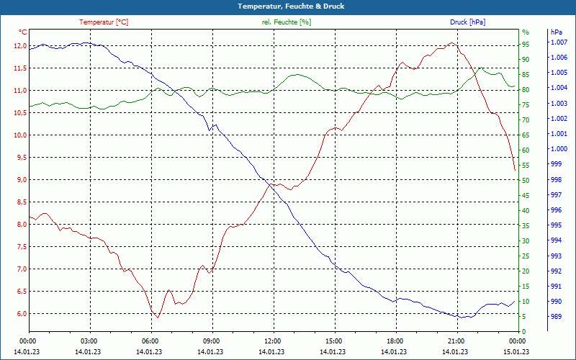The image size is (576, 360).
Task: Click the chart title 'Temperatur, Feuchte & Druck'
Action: [x=288, y=6]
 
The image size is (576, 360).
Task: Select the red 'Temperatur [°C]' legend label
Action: [x=104, y=22]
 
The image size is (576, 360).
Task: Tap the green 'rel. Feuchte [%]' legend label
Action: [x=287, y=22]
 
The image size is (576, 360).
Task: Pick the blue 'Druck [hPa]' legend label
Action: [x=467, y=22]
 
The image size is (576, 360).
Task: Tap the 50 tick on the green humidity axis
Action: [x=526, y=180]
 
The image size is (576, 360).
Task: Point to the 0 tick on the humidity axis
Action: [x=523, y=331]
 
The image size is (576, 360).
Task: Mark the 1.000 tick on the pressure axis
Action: [x=559, y=149]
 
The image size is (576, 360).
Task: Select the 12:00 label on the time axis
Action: [x=272, y=341]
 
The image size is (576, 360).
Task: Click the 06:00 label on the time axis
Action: [x=150, y=341]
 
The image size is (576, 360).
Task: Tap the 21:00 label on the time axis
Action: [x=456, y=341]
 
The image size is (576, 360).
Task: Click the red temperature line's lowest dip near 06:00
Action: [x=157, y=317]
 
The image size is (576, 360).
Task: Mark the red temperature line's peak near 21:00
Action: [x=452, y=42]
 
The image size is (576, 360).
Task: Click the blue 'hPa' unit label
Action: [x=556, y=32]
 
